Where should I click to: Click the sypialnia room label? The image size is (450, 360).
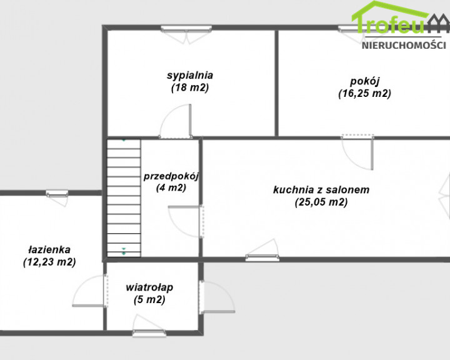(x=190, y=75)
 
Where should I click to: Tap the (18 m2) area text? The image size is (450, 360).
(x=190, y=87)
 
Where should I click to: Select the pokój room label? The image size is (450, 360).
(x=365, y=81)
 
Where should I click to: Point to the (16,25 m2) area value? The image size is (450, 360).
(x=365, y=94)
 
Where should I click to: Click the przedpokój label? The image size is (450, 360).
(x=171, y=176)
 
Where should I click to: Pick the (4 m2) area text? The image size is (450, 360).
(x=171, y=187)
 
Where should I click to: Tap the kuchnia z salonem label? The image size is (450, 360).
(x=321, y=190)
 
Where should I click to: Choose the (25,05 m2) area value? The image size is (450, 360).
(x=321, y=202)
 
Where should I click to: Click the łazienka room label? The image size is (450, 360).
(x=49, y=250)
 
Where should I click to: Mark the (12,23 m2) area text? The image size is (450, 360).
(x=49, y=262)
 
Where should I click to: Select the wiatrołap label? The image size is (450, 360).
(x=149, y=287)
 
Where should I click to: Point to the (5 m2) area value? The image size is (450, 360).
(x=149, y=300)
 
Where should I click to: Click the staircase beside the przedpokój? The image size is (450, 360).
(x=124, y=198)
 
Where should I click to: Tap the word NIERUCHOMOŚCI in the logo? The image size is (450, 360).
(x=404, y=46)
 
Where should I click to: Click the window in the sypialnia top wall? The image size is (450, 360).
(x=186, y=28)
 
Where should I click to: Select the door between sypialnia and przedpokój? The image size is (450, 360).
(x=176, y=122)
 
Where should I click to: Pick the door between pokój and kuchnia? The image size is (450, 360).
(x=357, y=152)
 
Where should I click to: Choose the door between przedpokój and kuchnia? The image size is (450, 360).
(x=186, y=221)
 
